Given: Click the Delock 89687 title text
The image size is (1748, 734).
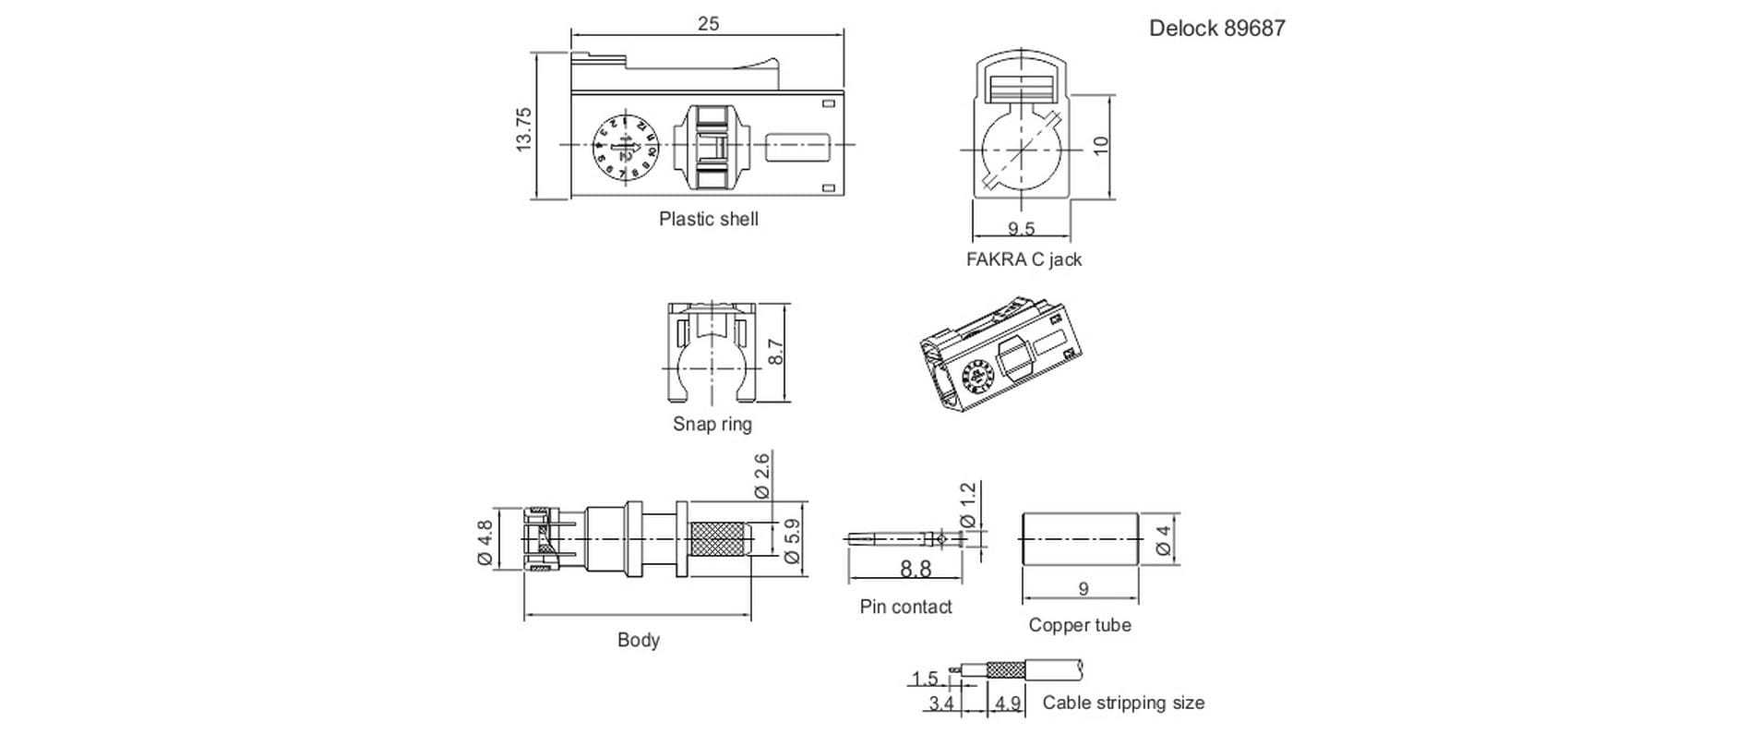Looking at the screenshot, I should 1215,29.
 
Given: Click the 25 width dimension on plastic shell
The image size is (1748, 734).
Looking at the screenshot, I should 708,24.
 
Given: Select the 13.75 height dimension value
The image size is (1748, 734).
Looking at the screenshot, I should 524,129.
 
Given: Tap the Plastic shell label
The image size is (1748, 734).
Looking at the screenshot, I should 708,219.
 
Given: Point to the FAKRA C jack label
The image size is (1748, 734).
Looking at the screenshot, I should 1023,259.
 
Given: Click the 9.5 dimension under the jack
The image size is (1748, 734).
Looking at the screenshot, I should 1021,228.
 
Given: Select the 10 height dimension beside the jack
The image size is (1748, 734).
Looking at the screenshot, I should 1100,146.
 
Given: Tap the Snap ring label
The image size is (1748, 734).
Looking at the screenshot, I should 712,424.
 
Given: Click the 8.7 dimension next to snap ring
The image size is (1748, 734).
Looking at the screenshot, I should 775,352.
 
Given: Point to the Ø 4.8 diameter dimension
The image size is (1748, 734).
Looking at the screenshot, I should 485,542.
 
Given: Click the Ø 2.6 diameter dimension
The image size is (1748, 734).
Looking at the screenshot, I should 761,475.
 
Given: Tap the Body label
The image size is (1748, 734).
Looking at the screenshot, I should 638,640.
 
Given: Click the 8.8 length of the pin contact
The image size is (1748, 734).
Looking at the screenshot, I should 915,570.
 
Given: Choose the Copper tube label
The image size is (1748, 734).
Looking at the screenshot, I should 1079,625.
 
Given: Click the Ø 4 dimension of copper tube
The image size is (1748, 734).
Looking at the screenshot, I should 1163,539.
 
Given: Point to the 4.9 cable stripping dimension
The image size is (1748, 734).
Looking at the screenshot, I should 1007,704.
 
